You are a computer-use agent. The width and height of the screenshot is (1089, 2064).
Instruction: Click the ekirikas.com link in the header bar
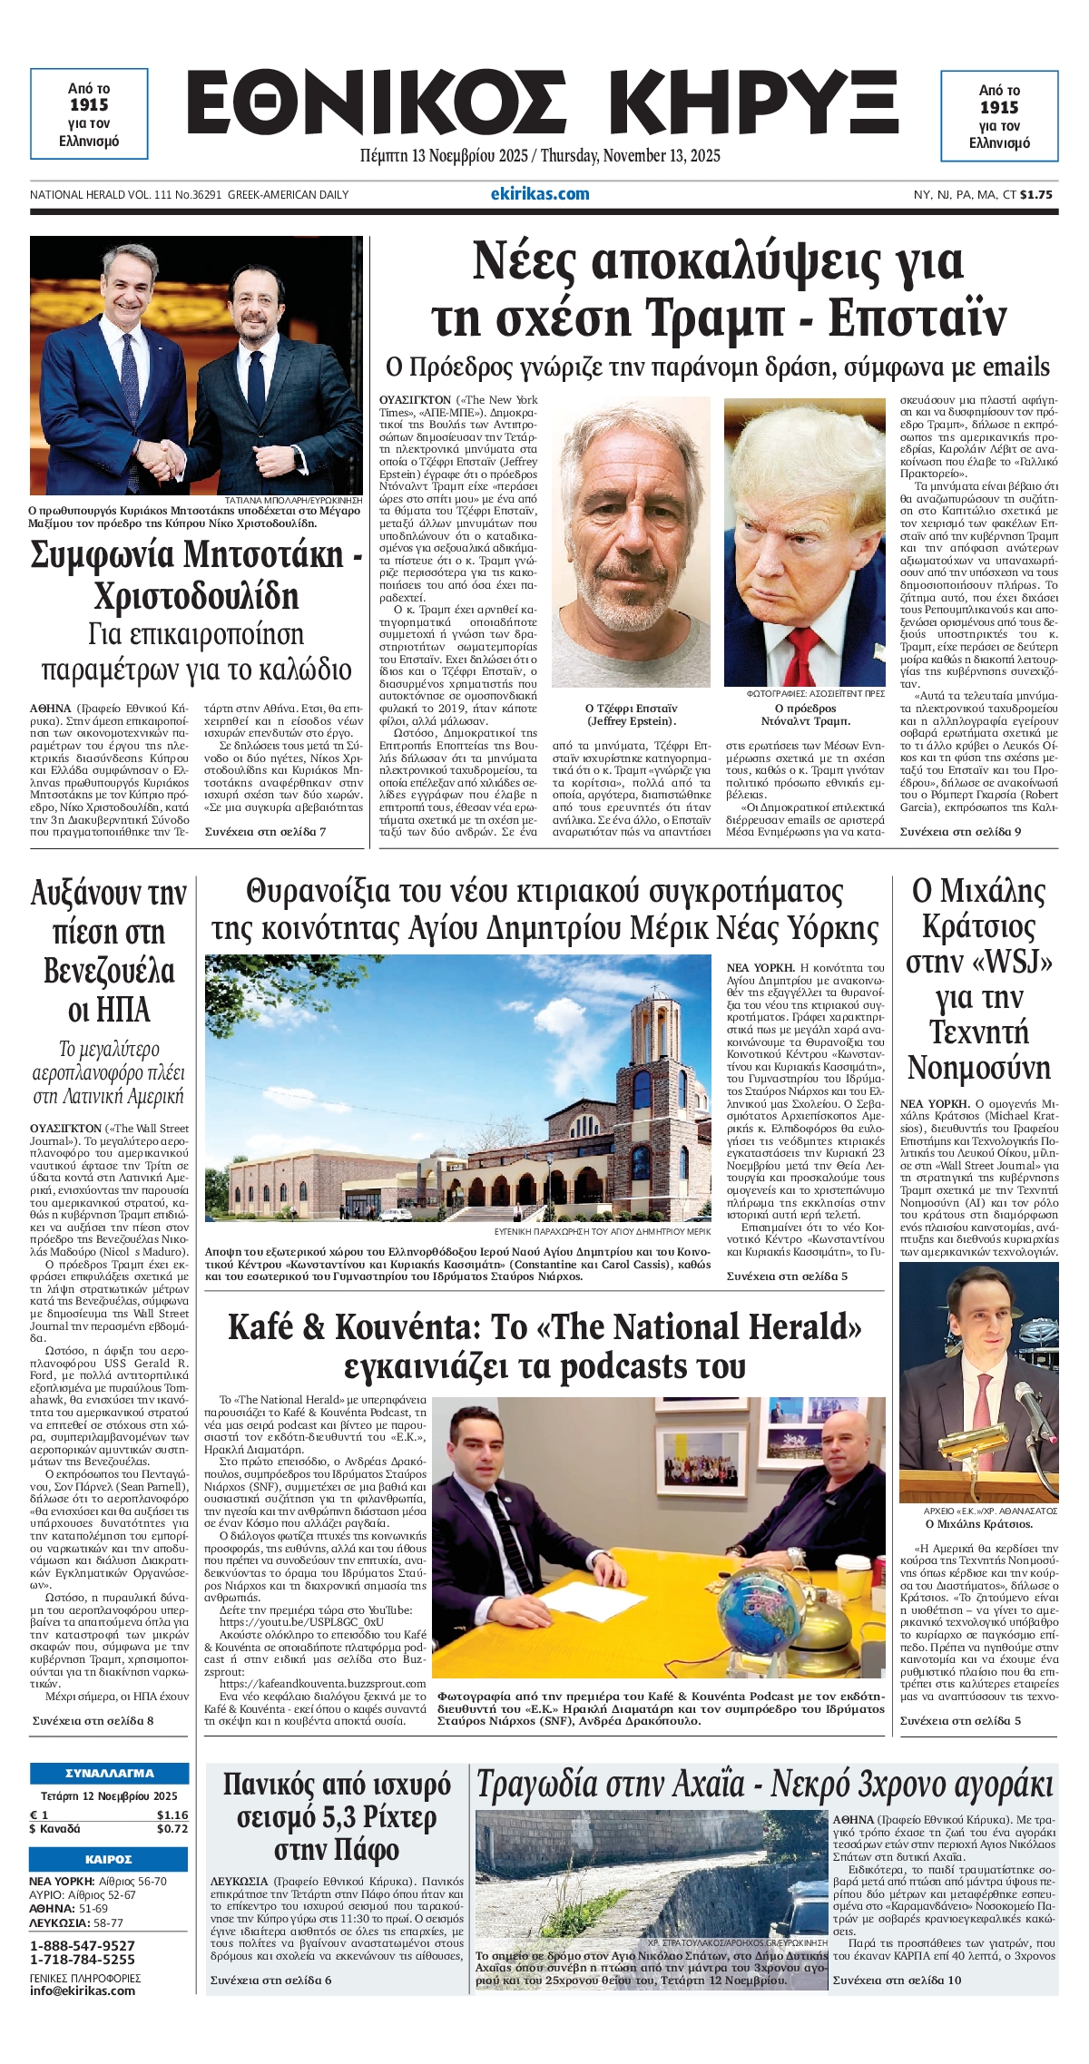click(540, 193)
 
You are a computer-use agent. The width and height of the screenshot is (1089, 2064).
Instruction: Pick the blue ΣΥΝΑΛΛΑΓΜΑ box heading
click(109, 1772)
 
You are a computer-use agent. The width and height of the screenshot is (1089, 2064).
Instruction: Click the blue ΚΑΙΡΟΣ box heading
click(109, 1859)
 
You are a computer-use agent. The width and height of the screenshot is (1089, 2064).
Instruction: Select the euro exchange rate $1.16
click(172, 1815)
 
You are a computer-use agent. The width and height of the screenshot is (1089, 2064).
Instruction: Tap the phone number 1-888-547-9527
click(83, 1945)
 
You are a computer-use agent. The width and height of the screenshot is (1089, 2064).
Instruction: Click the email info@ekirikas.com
click(83, 1991)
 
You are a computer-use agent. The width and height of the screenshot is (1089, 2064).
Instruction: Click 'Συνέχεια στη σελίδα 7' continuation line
click(265, 831)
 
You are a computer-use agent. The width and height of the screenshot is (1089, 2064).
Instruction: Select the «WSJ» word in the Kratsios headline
click(1003, 963)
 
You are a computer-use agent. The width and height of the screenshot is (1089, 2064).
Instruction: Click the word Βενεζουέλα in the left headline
click(109, 972)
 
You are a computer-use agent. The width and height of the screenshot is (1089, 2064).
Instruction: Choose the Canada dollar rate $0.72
click(172, 1828)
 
